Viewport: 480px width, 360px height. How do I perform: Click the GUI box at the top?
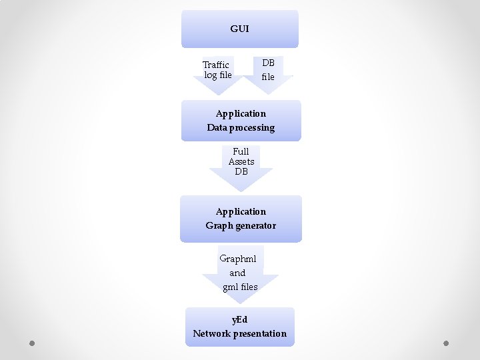(x=240, y=29)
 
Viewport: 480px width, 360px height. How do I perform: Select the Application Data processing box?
(x=241, y=121)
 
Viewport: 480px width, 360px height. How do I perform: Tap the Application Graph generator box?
(x=241, y=219)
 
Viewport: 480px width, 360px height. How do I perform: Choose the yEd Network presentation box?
(x=240, y=327)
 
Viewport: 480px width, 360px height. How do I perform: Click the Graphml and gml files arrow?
(x=240, y=273)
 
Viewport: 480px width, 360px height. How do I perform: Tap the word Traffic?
(x=216, y=65)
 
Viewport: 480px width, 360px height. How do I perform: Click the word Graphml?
(x=238, y=259)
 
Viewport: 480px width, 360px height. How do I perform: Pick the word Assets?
(x=241, y=161)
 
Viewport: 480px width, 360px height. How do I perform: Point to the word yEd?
(x=240, y=320)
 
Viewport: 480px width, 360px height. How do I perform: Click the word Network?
(x=211, y=333)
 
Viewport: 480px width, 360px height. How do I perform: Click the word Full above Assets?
(x=241, y=151)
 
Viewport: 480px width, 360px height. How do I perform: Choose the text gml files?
(x=240, y=287)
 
